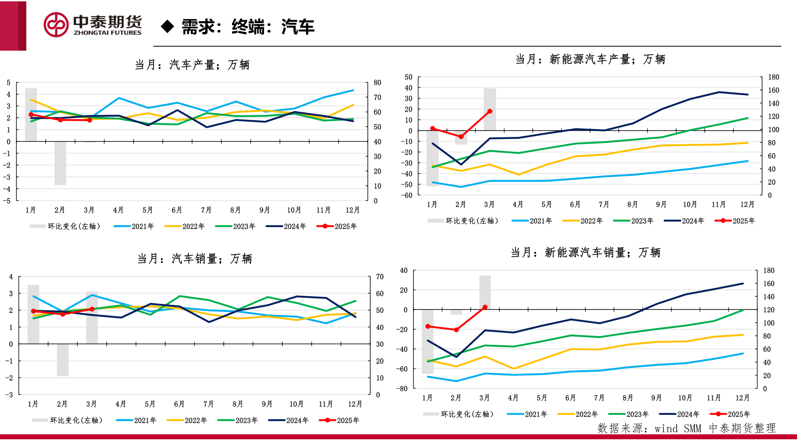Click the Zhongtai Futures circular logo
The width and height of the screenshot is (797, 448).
pos(56,25)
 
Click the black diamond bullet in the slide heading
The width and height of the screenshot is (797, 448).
pos(167,27)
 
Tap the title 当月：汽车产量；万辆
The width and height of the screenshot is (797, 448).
pos(192,65)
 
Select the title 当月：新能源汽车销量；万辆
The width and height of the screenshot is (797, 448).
pos(585,252)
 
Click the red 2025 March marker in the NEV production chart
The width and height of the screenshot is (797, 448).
pos(490,111)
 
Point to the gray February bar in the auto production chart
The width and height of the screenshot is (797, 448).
pos(60,163)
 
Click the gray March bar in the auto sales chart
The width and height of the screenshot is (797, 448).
pos(92,317)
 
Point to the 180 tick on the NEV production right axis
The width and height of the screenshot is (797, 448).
pos(773,77)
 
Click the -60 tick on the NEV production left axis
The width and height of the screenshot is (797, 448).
pos(407,195)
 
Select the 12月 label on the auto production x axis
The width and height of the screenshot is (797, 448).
pos(352,210)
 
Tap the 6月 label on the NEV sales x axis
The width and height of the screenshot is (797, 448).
pos(570,398)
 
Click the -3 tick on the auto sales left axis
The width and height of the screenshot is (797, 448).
pos(9,395)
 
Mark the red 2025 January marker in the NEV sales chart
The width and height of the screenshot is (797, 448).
pos(428,326)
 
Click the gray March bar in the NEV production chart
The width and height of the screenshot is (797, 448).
pos(490,109)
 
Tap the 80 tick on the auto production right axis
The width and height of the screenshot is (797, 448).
pos(377,83)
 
